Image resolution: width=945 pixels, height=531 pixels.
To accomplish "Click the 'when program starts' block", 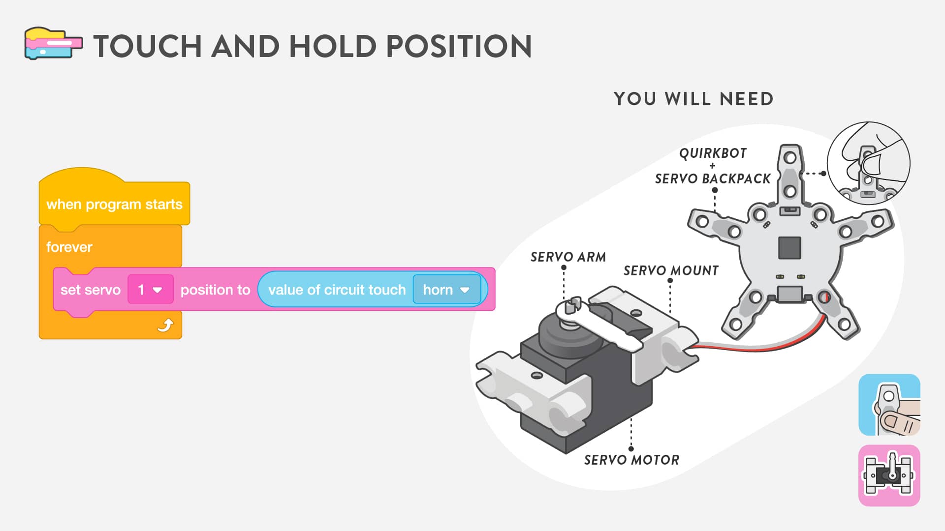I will pyautogui.click(x=114, y=204).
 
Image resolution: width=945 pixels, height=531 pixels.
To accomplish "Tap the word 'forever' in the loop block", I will pyautogui.click(x=69, y=247).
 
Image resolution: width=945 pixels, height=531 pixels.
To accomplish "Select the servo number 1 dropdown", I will pyautogui.click(x=150, y=290).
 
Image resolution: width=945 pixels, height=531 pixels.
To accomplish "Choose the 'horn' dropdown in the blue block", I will pyautogui.click(x=446, y=290).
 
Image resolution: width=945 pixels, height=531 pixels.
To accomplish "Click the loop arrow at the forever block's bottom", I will pyautogui.click(x=165, y=325).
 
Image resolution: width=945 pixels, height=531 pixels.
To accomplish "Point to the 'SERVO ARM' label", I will pyautogui.click(x=568, y=257).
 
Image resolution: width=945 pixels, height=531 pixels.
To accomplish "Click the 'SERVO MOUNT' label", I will pyautogui.click(x=671, y=270).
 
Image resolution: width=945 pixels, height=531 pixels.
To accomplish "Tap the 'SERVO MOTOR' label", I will pyautogui.click(x=631, y=460).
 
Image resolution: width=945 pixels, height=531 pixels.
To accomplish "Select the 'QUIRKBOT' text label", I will pyautogui.click(x=713, y=153).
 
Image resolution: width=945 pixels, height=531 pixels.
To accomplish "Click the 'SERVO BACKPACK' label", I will pyautogui.click(x=713, y=178).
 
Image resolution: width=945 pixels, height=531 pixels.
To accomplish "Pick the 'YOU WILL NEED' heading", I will pyautogui.click(x=693, y=99).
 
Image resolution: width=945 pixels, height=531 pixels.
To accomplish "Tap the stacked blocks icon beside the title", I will pyautogui.click(x=53, y=44).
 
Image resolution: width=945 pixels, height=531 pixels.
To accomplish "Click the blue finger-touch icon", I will pyautogui.click(x=889, y=405).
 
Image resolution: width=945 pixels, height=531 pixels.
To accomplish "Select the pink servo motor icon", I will pyautogui.click(x=889, y=475).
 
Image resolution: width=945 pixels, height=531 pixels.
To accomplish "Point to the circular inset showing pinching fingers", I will pyautogui.click(x=868, y=163).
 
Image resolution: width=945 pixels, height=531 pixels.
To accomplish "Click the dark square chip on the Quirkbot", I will pyautogui.click(x=789, y=247).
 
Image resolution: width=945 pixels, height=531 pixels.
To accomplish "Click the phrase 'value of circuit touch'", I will pyautogui.click(x=337, y=290).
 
